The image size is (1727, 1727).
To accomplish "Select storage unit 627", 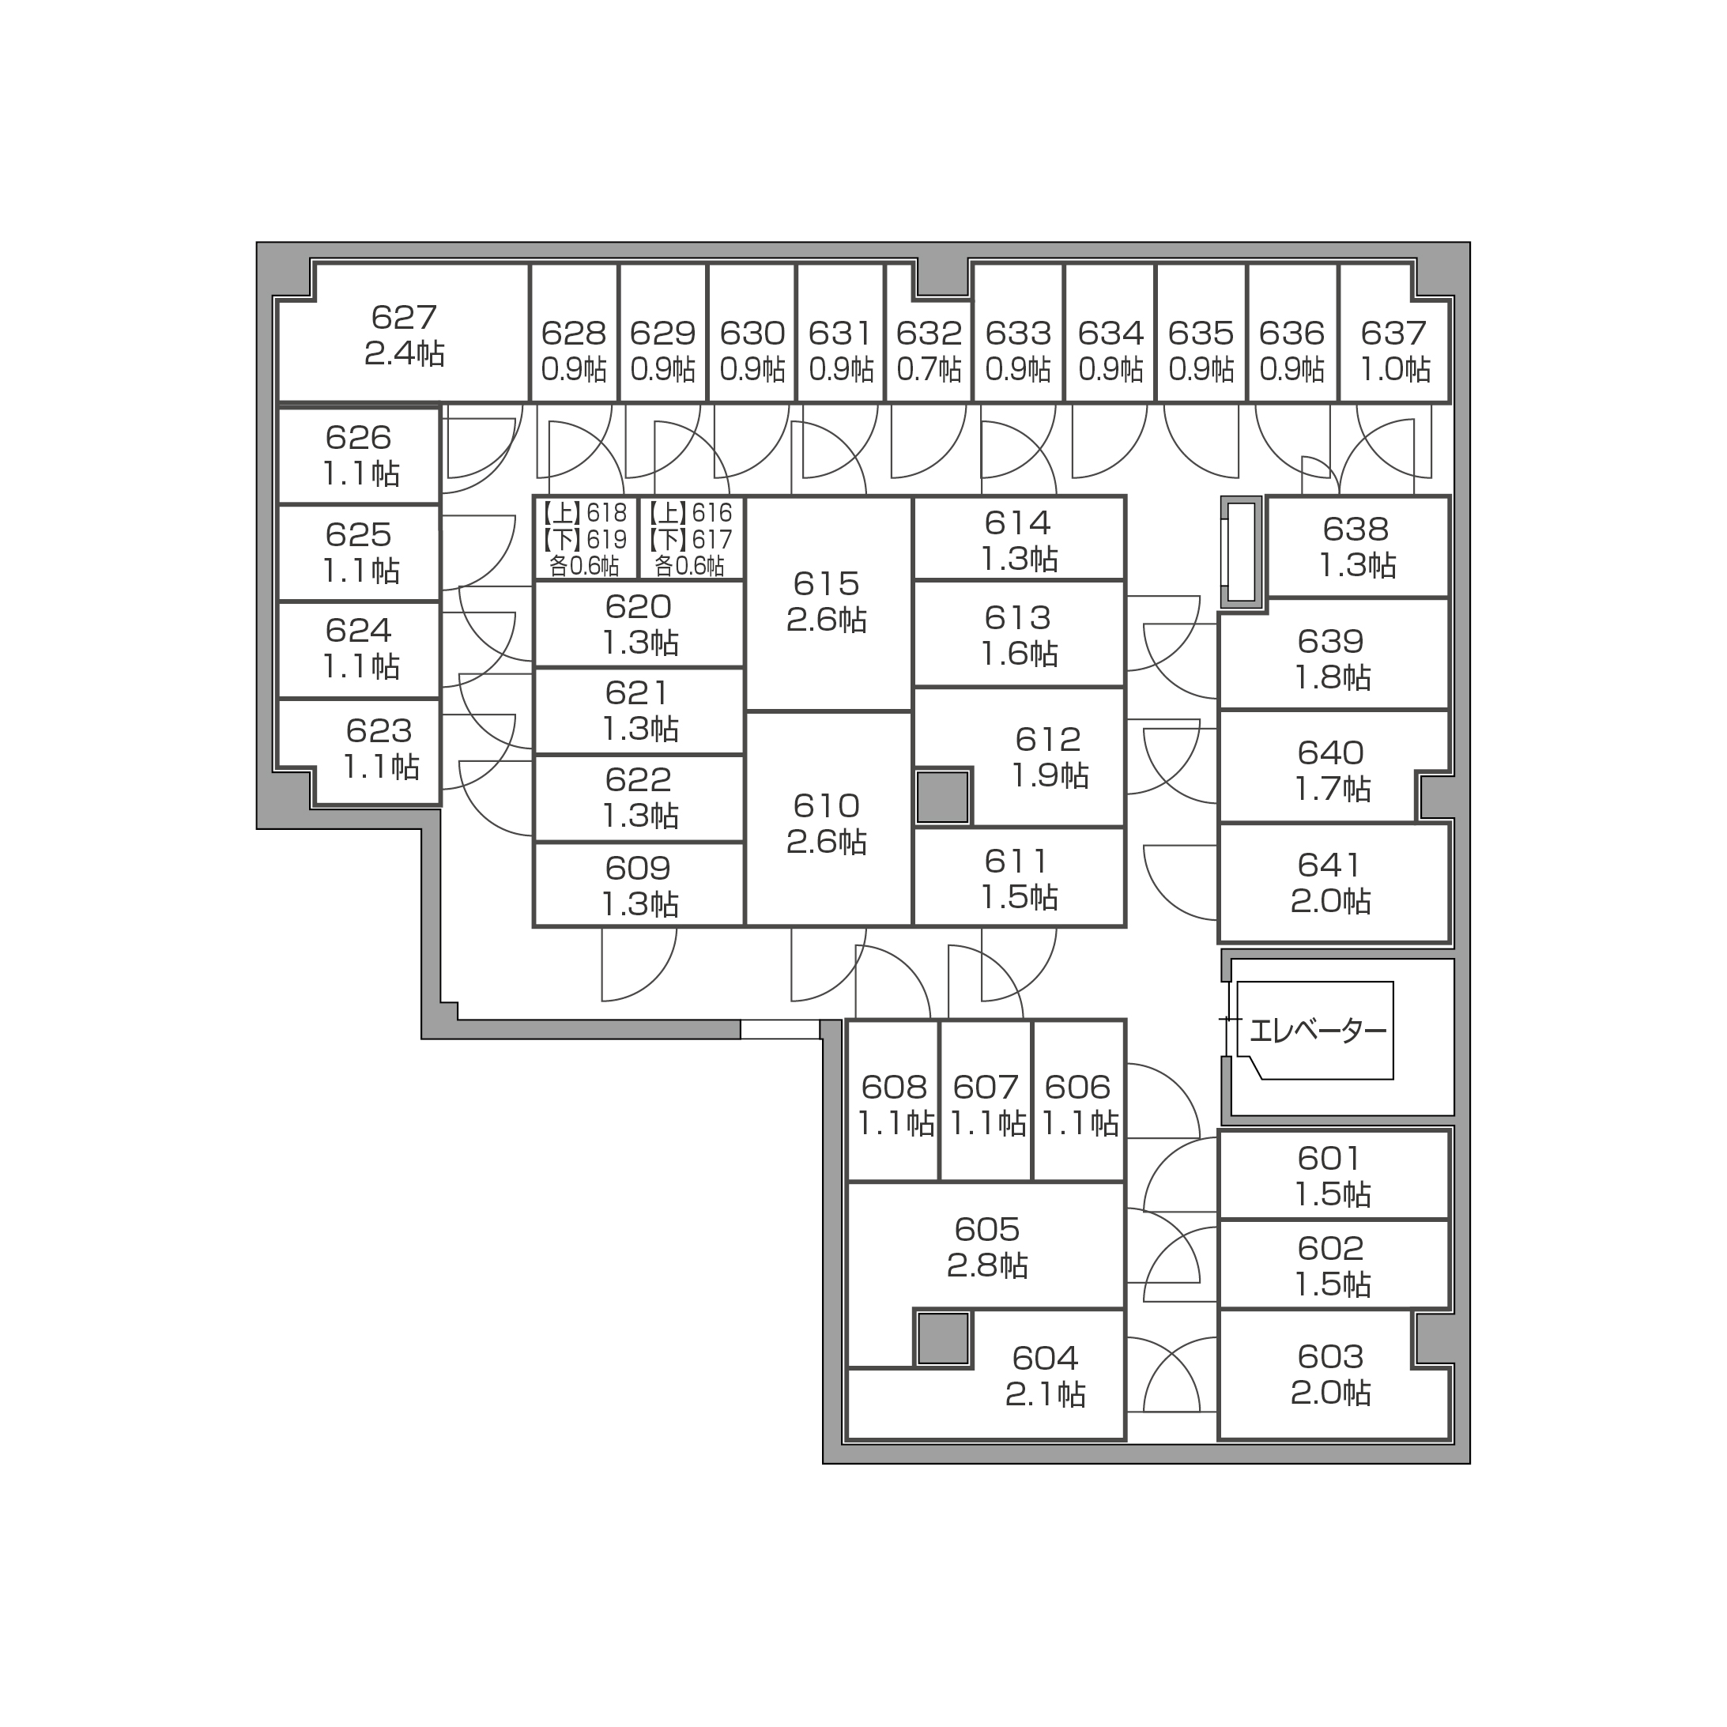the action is (x=404, y=333).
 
